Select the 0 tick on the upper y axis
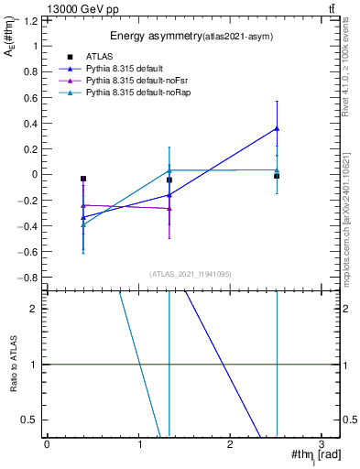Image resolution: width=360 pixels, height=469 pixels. pyautogui.click(x=38, y=174)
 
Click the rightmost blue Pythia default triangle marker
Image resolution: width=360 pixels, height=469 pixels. pyautogui.click(x=277, y=129)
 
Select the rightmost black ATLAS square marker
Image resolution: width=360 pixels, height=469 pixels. pyautogui.click(x=277, y=176)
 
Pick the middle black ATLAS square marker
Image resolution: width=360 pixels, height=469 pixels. pyautogui.click(x=169, y=180)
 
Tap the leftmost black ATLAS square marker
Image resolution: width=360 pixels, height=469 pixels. pyautogui.click(x=83, y=179)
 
